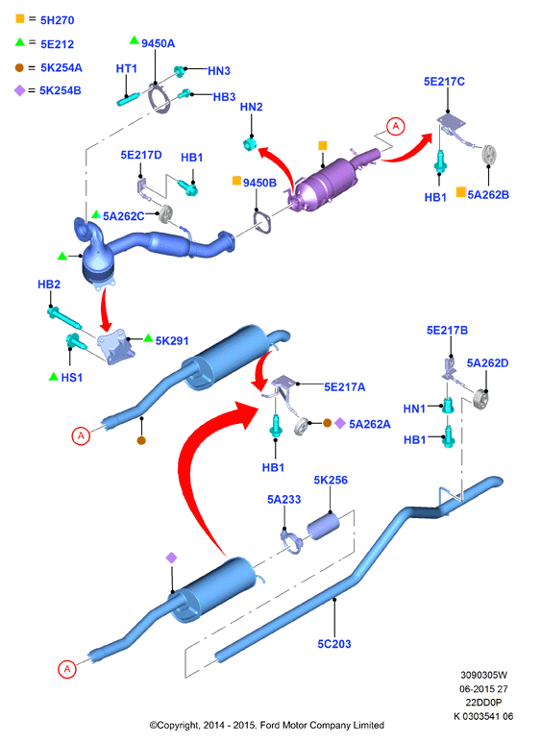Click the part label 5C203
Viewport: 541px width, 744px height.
(x=333, y=644)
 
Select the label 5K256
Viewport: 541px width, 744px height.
(x=331, y=481)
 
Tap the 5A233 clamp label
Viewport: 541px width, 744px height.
(x=284, y=499)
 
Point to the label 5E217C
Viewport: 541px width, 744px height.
(x=444, y=82)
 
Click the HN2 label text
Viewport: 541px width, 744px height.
(x=252, y=108)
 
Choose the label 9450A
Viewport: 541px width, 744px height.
(x=158, y=43)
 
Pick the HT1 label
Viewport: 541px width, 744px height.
(x=127, y=69)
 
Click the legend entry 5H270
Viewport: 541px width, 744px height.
(x=45, y=20)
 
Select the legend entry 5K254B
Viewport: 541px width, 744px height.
(x=48, y=90)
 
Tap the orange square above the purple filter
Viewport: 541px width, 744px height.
(x=323, y=146)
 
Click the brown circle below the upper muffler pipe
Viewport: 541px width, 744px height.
(x=141, y=440)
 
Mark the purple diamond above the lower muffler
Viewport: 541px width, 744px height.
(x=171, y=558)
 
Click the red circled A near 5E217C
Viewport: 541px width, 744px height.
(x=396, y=127)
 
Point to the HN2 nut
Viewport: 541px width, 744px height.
(x=250, y=144)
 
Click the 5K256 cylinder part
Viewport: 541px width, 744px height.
(x=324, y=526)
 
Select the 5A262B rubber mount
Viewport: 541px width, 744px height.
(x=488, y=155)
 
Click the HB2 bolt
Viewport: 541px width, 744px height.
(x=64, y=318)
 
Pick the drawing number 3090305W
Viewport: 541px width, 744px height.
(x=483, y=675)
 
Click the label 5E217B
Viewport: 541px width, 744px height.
(x=447, y=331)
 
